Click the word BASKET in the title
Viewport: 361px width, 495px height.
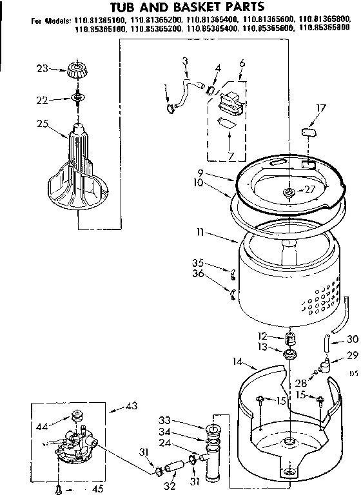point(191,7)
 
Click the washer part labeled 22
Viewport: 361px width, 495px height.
point(78,97)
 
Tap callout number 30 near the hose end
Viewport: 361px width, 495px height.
point(351,340)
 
